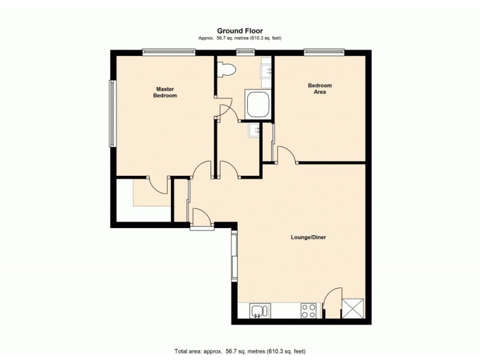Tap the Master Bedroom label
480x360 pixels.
coord(165,92)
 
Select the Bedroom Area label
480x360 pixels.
coord(320,89)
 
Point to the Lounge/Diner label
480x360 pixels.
coord(309,237)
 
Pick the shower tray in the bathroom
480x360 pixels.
coord(258,105)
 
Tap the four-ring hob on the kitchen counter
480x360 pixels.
coord(308,311)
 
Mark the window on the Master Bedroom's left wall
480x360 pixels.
coord(111,113)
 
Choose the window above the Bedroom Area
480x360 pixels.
coord(324,52)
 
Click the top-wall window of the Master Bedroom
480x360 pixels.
coord(169,52)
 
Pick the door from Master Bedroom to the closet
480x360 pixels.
coord(157,185)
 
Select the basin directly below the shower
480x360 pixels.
coord(253,130)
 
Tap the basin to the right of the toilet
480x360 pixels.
coord(266,71)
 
